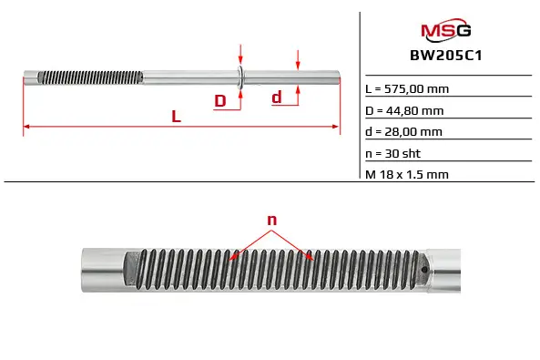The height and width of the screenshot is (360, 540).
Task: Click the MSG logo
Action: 446,29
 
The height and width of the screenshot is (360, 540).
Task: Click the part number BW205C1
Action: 445,56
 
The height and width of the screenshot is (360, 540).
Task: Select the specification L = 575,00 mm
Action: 407,89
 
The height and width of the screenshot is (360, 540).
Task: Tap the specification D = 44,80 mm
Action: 404,110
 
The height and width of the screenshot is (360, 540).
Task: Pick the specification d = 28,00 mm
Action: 403,132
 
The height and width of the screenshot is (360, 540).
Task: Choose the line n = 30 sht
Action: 393,153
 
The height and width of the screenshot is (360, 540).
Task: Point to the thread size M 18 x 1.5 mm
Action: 407,174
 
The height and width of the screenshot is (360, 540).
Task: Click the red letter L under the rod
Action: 177,117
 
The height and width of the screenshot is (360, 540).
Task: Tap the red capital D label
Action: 220,100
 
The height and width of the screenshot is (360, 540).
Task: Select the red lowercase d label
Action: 277,98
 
